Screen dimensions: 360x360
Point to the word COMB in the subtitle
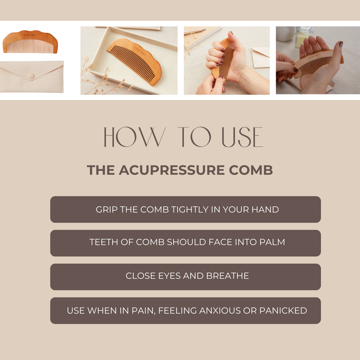(251, 170)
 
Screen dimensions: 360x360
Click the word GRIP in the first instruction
(106, 210)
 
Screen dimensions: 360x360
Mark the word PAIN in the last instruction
(138, 311)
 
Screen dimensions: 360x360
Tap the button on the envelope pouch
(31, 75)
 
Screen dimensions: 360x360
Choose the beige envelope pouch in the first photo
(31, 77)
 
